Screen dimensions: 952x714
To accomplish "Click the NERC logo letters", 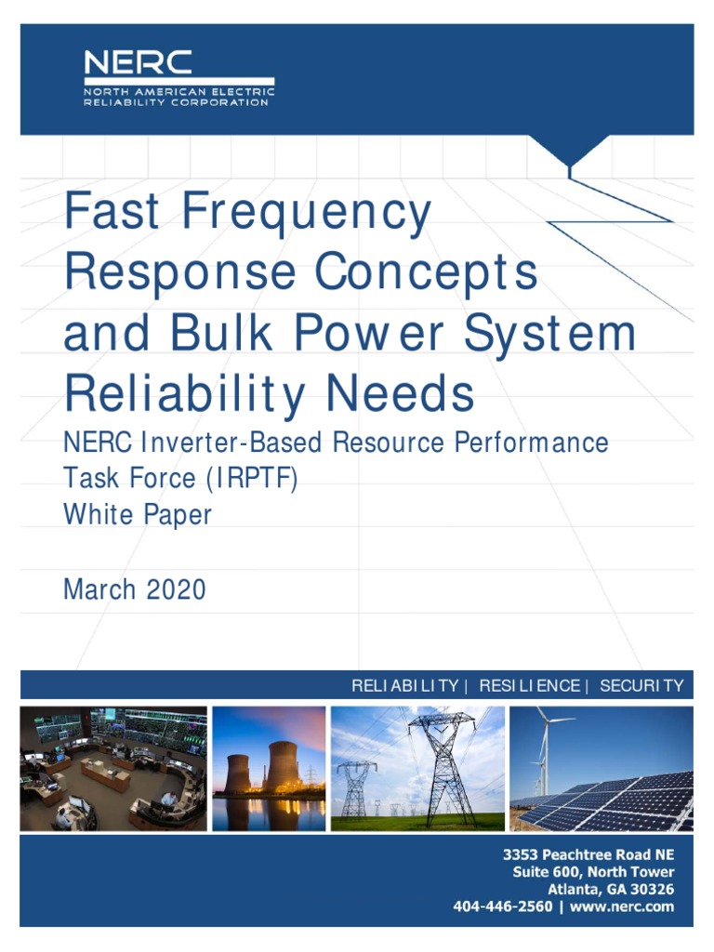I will tap(139, 63).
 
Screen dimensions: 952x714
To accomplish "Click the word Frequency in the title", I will tap(306, 211).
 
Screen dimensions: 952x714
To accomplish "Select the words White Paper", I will tap(137, 514).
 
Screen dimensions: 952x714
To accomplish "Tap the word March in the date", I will tap(98, 588).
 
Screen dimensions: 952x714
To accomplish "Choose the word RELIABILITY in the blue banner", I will tap(404, 686).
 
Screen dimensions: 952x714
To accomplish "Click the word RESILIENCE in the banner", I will tap(529, 686).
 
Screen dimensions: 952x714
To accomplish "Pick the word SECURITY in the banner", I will tap(641, 686).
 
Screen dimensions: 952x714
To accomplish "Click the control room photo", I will tap(113, 768).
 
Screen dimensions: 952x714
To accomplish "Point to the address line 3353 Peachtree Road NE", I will tap(588, 854).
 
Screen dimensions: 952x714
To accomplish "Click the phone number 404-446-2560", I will tap(502, 906).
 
